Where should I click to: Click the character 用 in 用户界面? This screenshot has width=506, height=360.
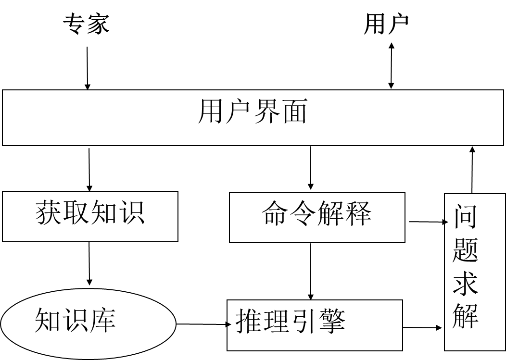212,112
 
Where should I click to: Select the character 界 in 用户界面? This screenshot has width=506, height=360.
266,112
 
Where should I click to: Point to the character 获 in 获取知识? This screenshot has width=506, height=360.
49,212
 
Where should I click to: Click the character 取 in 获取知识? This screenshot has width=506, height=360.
76,212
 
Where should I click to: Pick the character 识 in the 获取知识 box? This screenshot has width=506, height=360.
131,212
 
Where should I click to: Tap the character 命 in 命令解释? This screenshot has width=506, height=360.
276,213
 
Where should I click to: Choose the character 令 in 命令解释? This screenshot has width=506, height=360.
303,213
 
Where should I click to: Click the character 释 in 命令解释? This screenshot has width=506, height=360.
358,213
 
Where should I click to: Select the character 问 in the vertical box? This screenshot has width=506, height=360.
465,216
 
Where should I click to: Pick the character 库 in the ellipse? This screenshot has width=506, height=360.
103,320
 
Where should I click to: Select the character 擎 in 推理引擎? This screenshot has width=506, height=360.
332,321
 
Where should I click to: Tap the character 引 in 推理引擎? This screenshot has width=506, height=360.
304,321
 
